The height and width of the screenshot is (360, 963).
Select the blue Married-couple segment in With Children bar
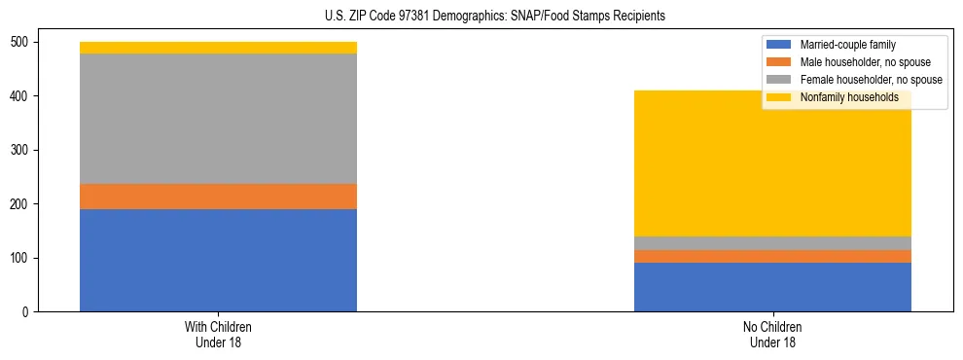coord(218,260)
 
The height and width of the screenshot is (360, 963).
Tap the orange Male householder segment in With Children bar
coord(218,197)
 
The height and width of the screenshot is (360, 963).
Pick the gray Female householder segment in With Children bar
coord(218,119)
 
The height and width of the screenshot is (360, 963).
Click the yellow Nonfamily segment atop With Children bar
coord(218,48)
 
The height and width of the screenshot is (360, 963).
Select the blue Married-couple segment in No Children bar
coord(772,287)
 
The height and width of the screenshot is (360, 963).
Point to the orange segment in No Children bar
coord(772,256)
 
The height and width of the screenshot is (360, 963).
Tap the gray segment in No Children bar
coord(772,243)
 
